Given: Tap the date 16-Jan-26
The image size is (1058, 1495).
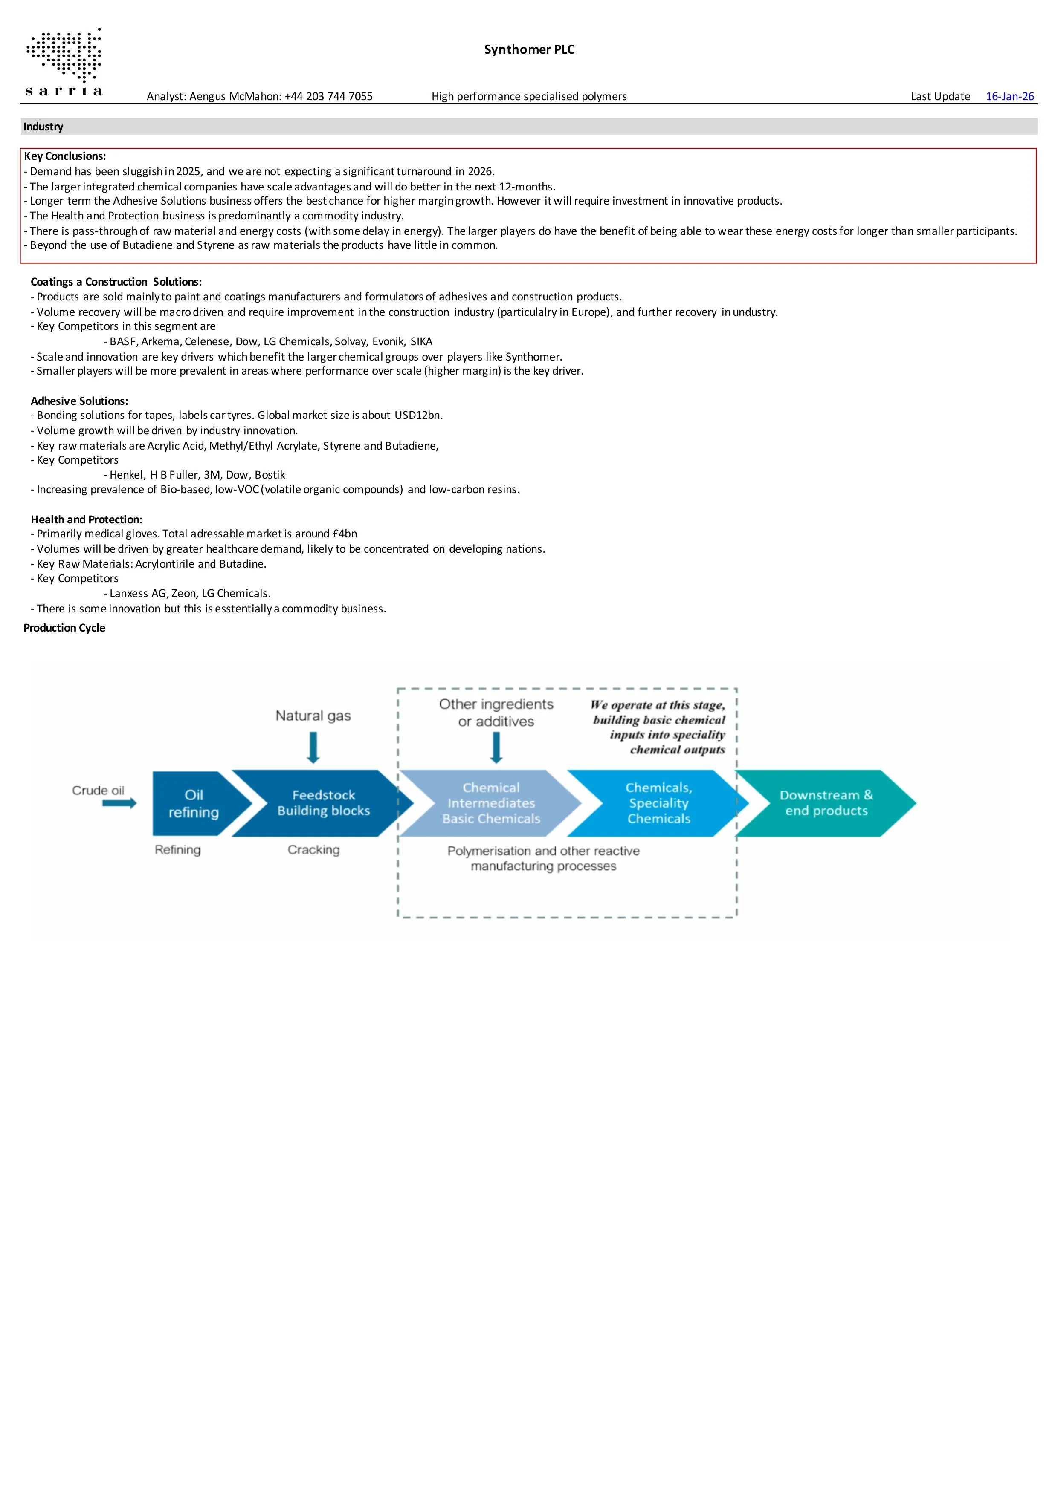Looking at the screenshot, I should (1010, 96).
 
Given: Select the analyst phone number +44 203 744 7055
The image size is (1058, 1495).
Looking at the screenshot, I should (328, 96).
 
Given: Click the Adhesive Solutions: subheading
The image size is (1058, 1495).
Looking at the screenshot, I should (79, 401).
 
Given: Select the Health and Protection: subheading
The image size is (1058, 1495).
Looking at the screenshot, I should (86, 519).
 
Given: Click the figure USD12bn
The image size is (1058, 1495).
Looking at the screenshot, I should (418, 416).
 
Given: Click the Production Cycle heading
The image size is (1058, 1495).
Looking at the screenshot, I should (64, 628).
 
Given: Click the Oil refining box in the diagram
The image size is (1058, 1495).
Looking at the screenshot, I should (194, 803).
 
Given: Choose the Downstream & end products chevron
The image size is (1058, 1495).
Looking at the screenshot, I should (826, 803).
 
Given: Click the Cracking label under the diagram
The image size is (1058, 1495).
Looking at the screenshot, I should (313, 850).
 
